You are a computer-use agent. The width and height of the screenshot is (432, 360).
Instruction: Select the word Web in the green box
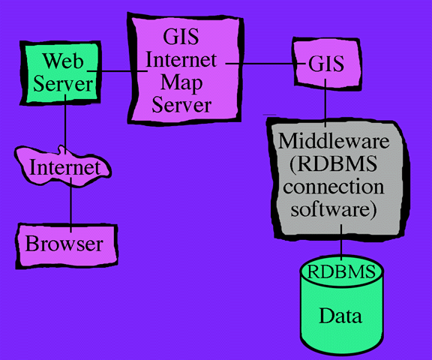coord(61,59)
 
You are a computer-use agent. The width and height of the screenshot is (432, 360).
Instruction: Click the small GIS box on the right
coord(326,64)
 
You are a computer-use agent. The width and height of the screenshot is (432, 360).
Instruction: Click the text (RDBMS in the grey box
coord(331,163)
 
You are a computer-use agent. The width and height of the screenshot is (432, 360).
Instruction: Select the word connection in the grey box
coord(331,186)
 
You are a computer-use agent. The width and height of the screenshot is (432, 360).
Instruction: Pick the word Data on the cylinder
coord(341,315)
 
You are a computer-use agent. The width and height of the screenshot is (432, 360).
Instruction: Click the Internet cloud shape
coord(64,167)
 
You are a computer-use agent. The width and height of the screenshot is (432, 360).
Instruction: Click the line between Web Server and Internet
coord(66,124)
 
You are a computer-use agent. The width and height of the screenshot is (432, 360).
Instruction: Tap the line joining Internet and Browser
coord(70,202)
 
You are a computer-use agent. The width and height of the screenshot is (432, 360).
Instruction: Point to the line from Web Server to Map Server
coord(116,72)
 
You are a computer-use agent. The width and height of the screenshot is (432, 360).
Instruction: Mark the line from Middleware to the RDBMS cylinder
coord(342,246)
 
